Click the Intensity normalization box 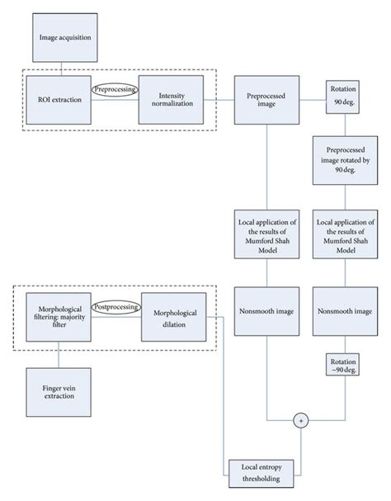172,100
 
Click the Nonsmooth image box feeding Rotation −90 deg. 341,313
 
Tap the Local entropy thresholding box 261,471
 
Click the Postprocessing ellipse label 113,305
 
